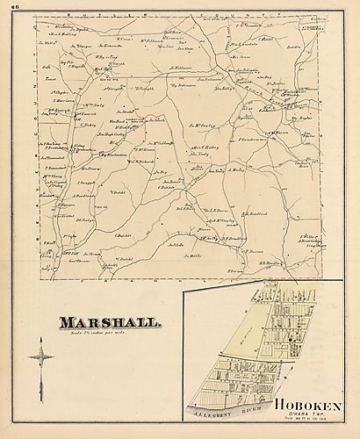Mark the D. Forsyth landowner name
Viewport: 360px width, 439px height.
tap(144, 88)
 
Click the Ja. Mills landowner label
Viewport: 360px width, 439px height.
tap(192, 255)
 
